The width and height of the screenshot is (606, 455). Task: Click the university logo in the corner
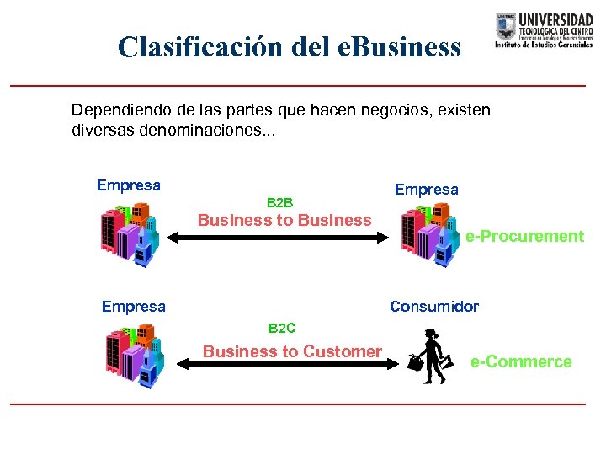click(544, 31)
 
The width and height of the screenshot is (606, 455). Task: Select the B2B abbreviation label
click(279, 203)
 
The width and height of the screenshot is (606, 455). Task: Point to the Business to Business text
click(284, 221)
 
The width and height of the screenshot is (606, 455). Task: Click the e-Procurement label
click(524, 237)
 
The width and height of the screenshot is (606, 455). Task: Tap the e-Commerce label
click(521, 362)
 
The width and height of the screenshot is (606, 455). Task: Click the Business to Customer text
click(292, 351)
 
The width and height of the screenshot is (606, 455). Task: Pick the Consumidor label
click(433, 307)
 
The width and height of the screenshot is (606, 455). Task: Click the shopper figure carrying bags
click(429, 358)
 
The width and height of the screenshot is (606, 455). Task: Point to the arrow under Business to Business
click(287, 238)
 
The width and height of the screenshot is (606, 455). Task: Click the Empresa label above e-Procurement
click(426, 190)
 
